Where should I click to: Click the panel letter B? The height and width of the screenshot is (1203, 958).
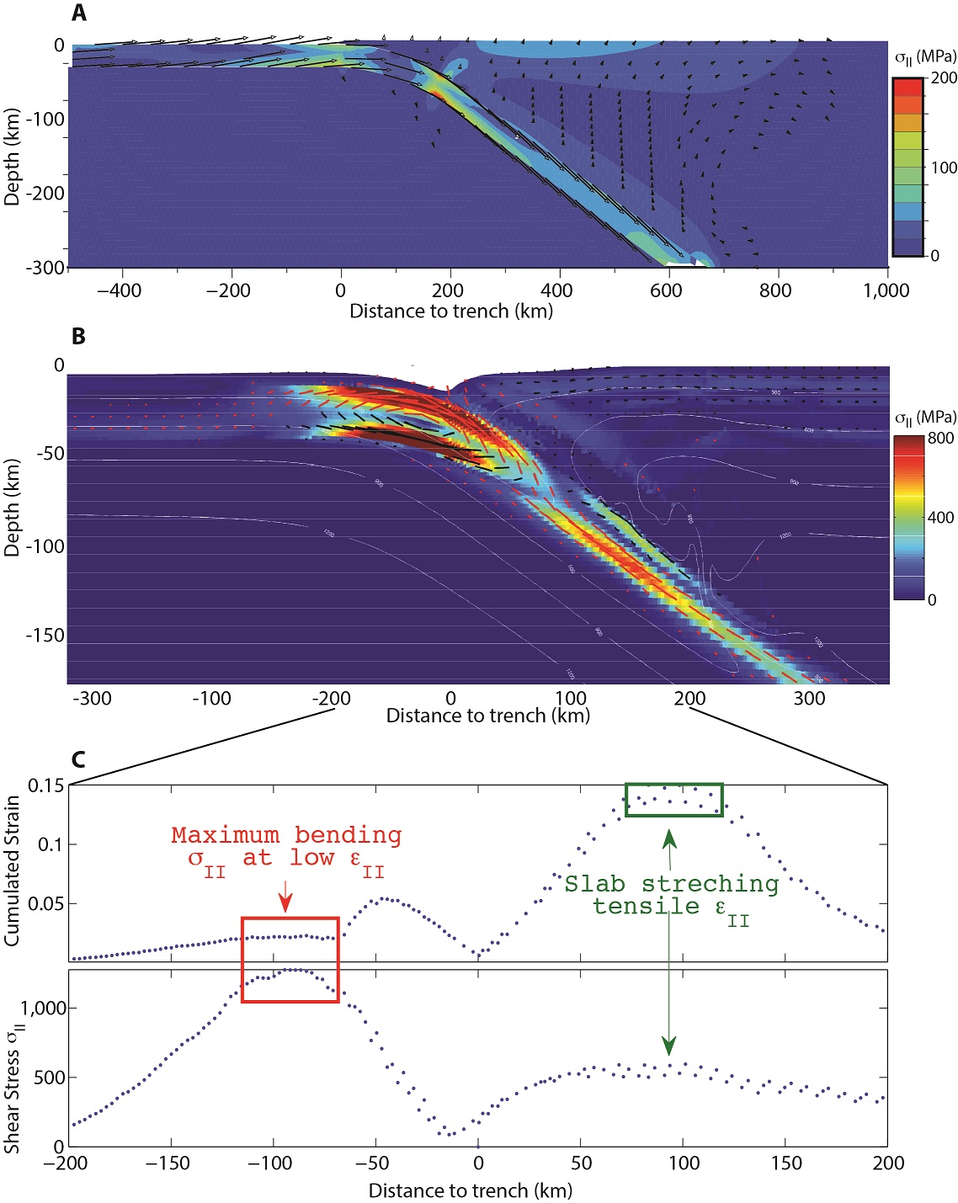coord(78,336)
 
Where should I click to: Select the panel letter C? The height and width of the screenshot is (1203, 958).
coord(78,759)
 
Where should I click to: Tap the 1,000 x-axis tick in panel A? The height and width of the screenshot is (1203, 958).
coord(886,290)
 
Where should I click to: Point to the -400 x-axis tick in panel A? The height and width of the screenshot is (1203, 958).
coord(119,290)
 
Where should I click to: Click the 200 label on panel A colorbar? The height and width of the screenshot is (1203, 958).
coord(944,77)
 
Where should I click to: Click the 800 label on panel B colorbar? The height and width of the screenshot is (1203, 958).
coord(940,438)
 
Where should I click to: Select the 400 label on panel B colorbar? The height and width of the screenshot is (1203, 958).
coord(940,517)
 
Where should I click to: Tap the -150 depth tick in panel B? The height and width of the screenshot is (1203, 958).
coord(45,635)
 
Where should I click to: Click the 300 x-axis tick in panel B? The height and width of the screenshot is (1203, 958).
coord(809,698)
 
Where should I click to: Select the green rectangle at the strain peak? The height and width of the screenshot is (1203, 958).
coord(673,785)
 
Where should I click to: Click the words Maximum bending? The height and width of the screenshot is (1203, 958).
coord(286,835)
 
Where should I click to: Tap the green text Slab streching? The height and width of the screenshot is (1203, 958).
coord(671,884)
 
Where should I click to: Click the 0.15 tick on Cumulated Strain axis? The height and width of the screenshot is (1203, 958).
coord(45,785)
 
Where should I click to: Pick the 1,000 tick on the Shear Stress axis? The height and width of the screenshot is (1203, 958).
coord(44,1008)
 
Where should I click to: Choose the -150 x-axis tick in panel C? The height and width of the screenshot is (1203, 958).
coord(171,1163)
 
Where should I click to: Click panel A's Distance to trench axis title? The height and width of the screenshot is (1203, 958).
coord(451,311)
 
